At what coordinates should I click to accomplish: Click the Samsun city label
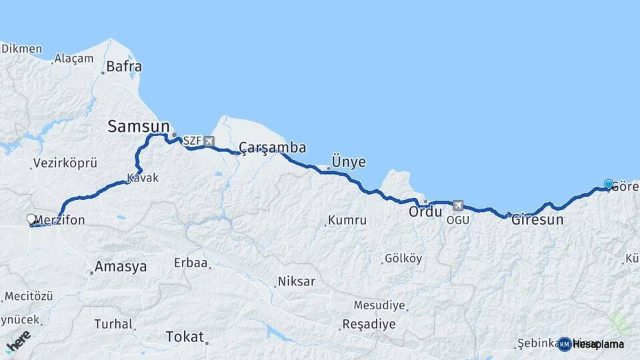(137, 125)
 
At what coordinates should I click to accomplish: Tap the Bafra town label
(125, 67)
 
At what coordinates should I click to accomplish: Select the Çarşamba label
(273, 147)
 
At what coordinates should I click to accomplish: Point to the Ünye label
(349, 162)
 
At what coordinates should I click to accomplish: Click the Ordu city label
(425, 211)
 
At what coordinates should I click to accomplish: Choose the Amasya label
(121, 267)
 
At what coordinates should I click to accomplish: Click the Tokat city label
(184, 337)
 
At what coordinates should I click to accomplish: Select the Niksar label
(297, 281)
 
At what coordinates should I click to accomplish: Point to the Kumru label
(347, 220)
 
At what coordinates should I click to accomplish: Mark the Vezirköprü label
(65, 163)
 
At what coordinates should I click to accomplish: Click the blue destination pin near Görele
(608, 185)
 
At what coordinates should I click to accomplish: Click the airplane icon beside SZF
(209, 141)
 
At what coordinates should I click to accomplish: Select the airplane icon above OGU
(457, 205)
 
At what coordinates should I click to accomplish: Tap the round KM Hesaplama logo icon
(565, 344)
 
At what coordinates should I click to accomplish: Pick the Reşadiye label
(369, 325)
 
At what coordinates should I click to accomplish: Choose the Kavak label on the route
(142, 179)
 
